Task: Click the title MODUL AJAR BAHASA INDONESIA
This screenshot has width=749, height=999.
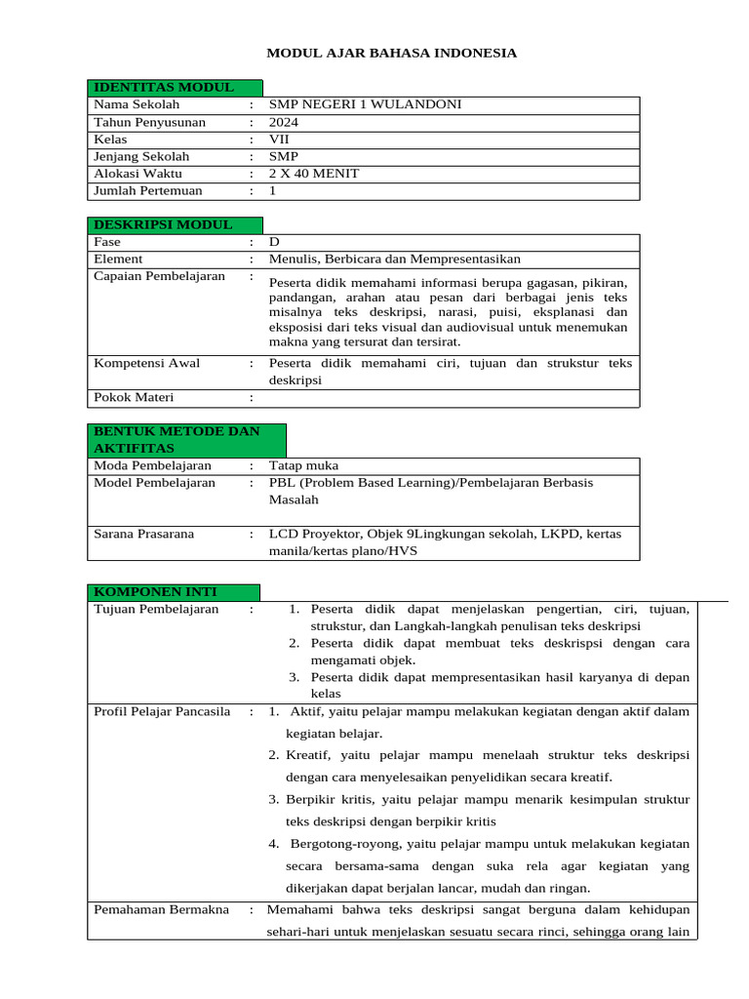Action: point(392,53)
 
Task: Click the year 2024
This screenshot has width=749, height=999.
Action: point(284,122)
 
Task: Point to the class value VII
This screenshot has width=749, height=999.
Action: point(279,140)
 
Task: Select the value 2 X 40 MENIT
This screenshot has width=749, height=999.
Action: point(313,174)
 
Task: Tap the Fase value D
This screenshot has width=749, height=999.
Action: point(274,242)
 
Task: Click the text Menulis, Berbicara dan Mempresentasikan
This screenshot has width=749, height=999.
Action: point(395,260)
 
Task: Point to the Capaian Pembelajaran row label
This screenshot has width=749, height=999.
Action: point(159,276)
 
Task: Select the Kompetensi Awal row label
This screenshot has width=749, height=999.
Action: point(146,363)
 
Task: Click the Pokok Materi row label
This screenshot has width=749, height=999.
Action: point(136,397)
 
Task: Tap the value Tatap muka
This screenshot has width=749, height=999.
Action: point(303,465)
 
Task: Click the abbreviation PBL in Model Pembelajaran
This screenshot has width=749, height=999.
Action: point(282,483)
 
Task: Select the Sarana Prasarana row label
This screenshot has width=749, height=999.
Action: point(143,534)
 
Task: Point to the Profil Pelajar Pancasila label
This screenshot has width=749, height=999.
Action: point(162,711)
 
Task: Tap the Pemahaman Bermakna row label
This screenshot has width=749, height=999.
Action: point(161,909)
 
